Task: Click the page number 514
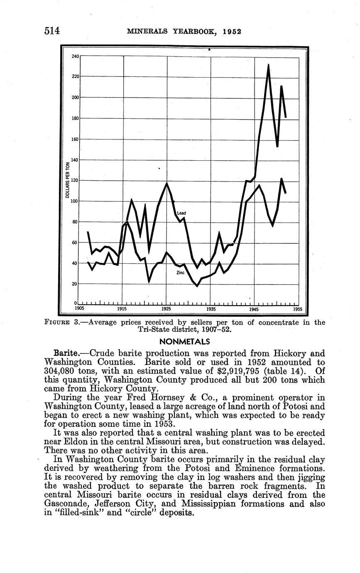tap(52, 31)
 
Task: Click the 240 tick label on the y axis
tap(76, 56)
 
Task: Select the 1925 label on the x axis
tap(166, 309)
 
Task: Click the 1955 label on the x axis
tap(297, 309)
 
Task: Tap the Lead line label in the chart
tap(181, 213)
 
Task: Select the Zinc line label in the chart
tap(180, 273)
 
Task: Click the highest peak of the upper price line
tap(269, 65)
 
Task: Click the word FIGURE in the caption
tap(58, 323)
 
